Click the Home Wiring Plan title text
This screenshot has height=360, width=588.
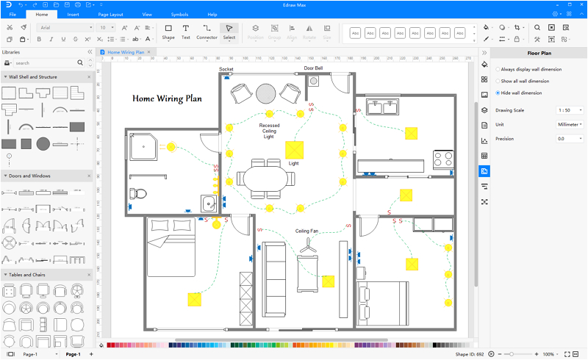tap(167, 98)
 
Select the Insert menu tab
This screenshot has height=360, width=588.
tap(73, 15)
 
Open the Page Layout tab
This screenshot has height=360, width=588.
tap(111, 15)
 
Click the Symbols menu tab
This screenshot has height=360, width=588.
tap(179, 15)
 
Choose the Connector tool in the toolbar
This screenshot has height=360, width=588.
tap(207, 32)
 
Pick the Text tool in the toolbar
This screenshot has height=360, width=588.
tap(186, 32)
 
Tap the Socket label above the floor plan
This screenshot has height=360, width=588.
tap(226, 68)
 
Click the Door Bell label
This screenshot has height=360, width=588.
tap(314, 68)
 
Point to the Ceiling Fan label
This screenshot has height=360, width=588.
tap(307, 231)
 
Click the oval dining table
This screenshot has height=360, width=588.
tap(265, 179)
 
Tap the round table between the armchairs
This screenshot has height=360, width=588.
tap(265, 93)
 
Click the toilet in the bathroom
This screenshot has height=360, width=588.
tap(138, 195)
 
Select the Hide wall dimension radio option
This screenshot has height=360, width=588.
tap(498, 93)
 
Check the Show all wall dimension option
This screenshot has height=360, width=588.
tap(498, 81)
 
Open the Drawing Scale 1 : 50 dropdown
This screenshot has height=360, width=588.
tap(570, 110)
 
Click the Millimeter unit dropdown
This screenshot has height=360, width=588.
tap(570, 124)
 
